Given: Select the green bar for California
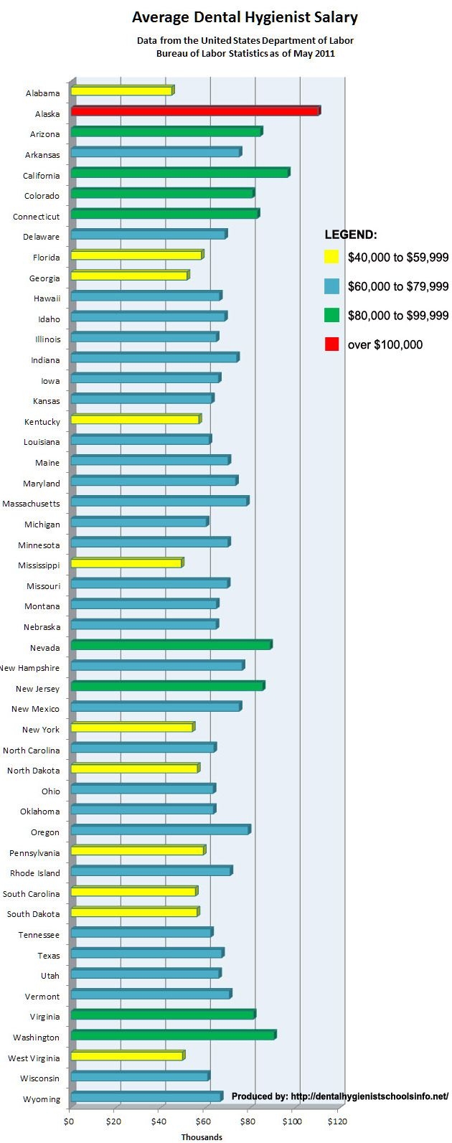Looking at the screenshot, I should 179,173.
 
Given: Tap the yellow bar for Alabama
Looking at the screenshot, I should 122,91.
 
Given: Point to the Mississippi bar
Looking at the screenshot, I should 126,563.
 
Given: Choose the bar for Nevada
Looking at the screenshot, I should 171,645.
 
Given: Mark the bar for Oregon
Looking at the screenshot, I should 160,830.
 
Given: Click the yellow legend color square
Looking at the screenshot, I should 331,256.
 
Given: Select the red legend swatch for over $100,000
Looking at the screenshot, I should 331,344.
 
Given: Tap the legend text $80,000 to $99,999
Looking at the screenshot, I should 397,316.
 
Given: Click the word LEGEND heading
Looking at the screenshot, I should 351,235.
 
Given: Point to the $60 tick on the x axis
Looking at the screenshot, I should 203,1121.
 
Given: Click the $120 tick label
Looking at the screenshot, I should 336,1121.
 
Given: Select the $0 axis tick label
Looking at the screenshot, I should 70,1121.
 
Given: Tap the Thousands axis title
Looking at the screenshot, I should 202,1137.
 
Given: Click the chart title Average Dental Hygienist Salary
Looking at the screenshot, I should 245,17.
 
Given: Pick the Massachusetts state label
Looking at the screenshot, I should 31,504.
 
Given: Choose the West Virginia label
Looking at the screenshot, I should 34,1058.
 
